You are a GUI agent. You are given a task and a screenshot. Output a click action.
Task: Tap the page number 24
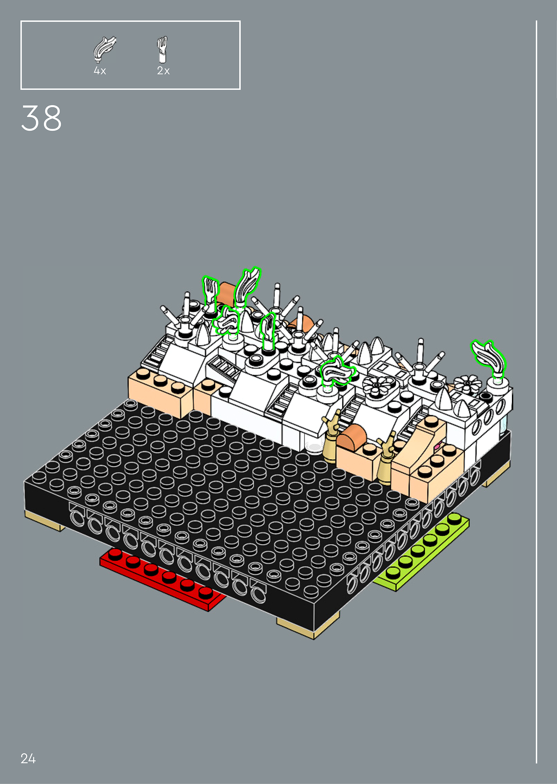[x=28, y=758]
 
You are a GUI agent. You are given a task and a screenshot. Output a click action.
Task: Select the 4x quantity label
[x=100, y=71]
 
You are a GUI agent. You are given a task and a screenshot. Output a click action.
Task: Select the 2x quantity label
[x=163, y=71]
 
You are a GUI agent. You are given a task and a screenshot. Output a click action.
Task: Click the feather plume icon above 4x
[x=105, y=49]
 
